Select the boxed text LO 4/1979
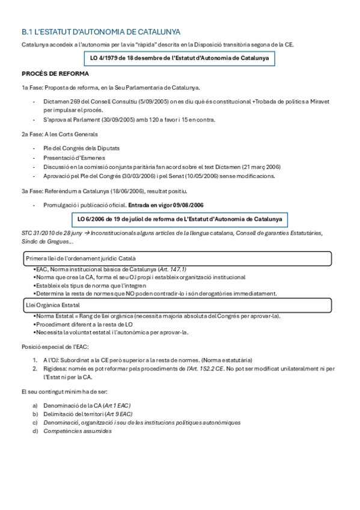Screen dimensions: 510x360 click(x=178, y=58)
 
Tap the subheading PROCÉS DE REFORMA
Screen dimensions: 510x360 click(x=55, y=73)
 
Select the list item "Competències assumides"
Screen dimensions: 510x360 click(x=77, y=431)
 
